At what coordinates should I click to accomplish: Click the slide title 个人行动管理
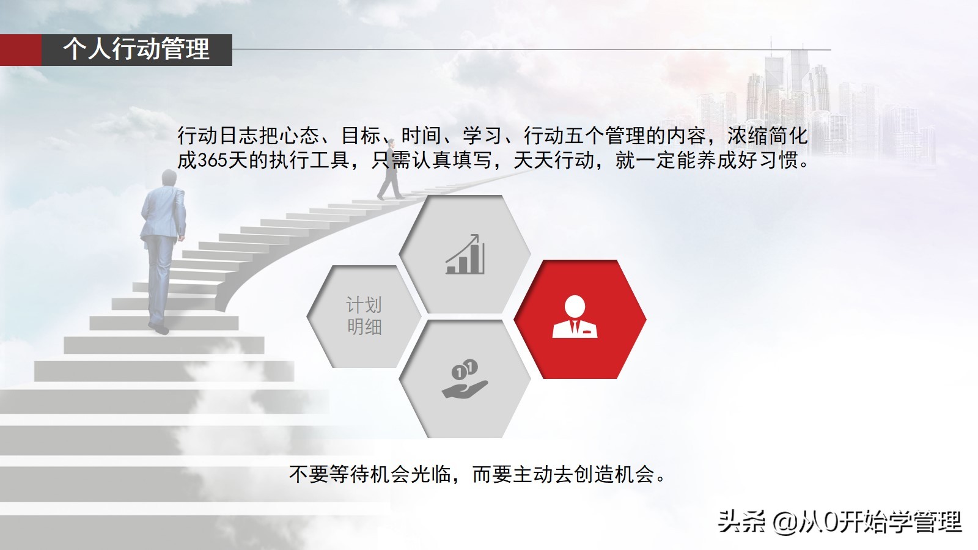pos(136,49)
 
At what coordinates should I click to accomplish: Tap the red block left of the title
pos(20,50)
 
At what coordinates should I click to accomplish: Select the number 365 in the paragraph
pos(212,160)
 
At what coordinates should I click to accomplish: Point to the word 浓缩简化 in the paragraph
pos(767,135)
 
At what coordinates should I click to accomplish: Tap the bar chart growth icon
pos(465,255)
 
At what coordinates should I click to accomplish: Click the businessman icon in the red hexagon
pos(575,317)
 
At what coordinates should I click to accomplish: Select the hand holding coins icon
pos(465,380)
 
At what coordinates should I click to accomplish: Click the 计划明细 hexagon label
pos(364,316)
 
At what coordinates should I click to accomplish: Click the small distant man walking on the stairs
pos(389,177)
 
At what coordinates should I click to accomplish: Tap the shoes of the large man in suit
pos(159,328)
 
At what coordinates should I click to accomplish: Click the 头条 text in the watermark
pos(741,521)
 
